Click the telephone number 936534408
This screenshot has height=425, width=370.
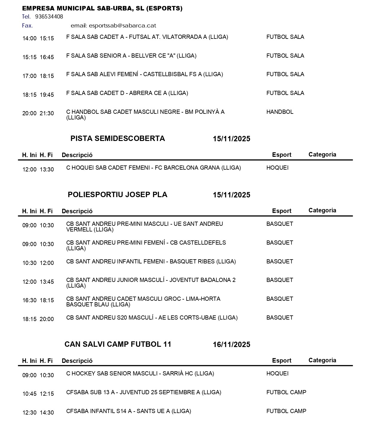tap(49, 17)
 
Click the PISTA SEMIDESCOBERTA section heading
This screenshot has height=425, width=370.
tap(118, 139)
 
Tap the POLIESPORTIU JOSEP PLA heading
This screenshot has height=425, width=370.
tap(118, 195)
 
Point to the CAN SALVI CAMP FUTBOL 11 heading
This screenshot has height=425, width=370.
tap(118, 344)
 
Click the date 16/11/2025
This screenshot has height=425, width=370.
tap(231, 345)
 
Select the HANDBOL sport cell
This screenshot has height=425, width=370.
tap(280, 112)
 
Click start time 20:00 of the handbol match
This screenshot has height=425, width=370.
tap(29, 113)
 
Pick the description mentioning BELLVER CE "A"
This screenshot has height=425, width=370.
tap(131, 56)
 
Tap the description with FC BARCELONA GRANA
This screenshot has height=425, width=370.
tap(153, 168)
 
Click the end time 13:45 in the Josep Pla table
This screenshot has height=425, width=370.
tap(47, 282)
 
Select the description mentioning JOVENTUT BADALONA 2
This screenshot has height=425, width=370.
tap(151, 283)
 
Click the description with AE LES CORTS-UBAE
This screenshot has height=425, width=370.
tap(152, 318)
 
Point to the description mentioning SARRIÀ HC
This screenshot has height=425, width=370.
tap(140, 374)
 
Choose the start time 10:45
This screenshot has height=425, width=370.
tap(29, 394)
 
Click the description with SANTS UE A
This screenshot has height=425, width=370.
tap(128, 411)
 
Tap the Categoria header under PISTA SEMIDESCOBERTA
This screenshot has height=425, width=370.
tap(322, 155)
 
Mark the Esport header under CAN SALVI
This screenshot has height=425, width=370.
tap(281, 360)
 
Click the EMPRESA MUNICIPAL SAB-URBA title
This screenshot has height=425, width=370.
tap(102, 8)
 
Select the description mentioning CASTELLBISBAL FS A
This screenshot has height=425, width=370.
tap(144, 74)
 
